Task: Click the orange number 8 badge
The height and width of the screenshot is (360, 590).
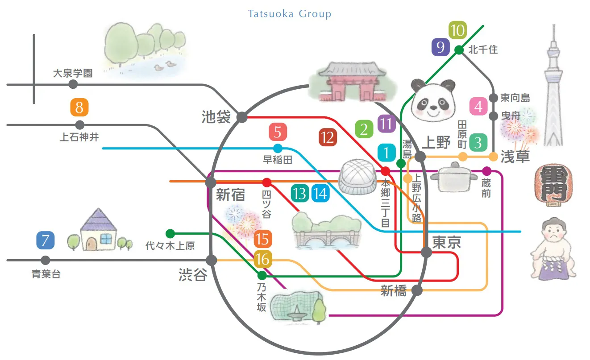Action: pos(79,108)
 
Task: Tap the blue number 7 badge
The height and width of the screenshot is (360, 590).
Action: pos(45,240)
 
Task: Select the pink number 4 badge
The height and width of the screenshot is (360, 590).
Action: pos(478,107)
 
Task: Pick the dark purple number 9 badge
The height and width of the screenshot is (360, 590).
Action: pos(440,47)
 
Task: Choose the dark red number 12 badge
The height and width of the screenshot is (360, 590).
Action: pos(328,138)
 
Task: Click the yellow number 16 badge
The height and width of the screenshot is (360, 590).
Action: pos(263,259)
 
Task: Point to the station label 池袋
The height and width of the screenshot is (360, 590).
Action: pos(216,117)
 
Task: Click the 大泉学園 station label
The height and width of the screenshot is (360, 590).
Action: pos(73,73)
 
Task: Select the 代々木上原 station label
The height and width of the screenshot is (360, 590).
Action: pos(170,246)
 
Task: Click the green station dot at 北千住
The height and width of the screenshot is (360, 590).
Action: pos(458,50)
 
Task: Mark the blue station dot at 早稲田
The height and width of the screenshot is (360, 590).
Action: pos(278,148)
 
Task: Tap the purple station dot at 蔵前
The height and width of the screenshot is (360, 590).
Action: pos(486,171)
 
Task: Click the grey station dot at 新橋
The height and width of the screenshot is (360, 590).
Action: pos(417,290)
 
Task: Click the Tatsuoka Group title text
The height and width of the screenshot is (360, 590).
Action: pos(290,14)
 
